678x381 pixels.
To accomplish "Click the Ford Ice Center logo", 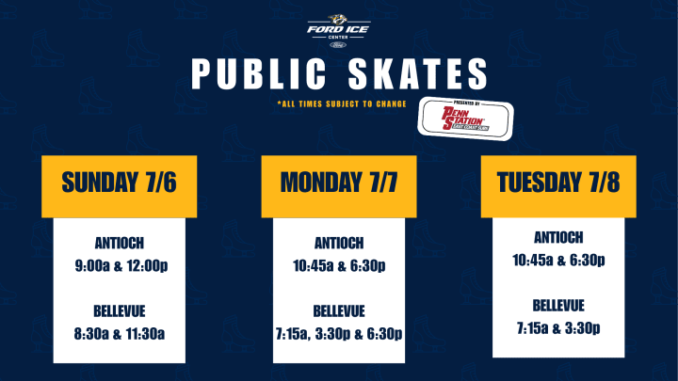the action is point(338,31).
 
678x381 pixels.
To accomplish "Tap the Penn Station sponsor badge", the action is point(466,119).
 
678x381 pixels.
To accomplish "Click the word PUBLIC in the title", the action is point(259,74).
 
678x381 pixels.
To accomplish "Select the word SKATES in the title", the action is point(418,74).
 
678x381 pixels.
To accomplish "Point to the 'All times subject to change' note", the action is point(342,103).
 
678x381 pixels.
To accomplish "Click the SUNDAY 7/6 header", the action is point(120,183).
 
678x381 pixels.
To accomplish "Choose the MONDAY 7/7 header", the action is point(339,183).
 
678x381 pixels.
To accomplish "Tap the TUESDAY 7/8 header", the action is point(558,183).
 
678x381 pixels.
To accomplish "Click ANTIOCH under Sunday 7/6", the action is point(120,244).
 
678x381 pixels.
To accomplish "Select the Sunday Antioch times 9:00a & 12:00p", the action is point(121,265).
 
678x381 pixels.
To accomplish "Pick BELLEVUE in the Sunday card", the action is point(120,311).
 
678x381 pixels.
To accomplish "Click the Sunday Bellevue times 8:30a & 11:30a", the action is point(120,334).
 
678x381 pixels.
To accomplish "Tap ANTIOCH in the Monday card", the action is point(339,244).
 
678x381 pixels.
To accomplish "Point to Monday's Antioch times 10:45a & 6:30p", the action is point(339,265).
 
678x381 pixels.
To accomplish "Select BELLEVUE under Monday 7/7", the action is point(339,311).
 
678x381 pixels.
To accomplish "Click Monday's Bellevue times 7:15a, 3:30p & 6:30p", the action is point(339,334).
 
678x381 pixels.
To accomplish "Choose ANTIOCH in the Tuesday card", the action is point(558,238).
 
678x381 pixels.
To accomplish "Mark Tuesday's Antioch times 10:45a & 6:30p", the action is point(558,260).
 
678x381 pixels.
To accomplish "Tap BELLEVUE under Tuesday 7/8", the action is point(558,306).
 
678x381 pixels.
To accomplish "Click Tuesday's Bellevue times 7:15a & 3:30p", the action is point(558,328).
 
